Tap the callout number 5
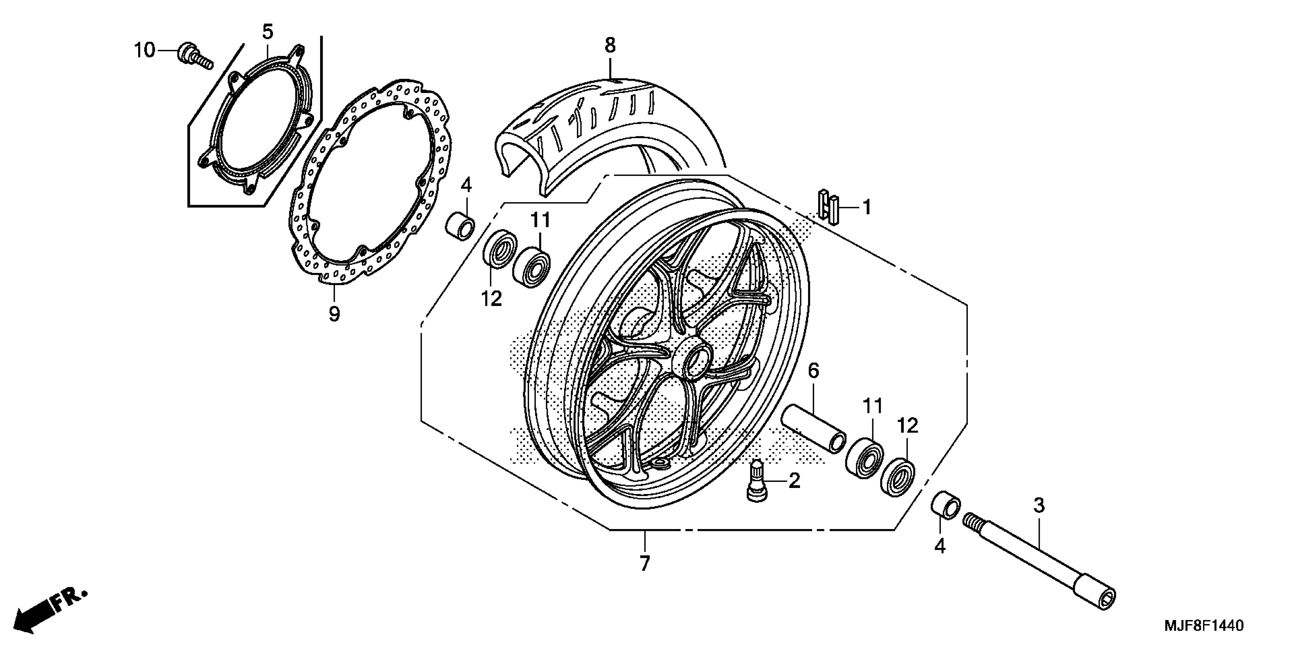(268, 32)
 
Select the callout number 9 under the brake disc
(334, 314)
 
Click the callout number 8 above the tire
(610, 46)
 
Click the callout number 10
(144, 51)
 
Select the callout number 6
(813, 371)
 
